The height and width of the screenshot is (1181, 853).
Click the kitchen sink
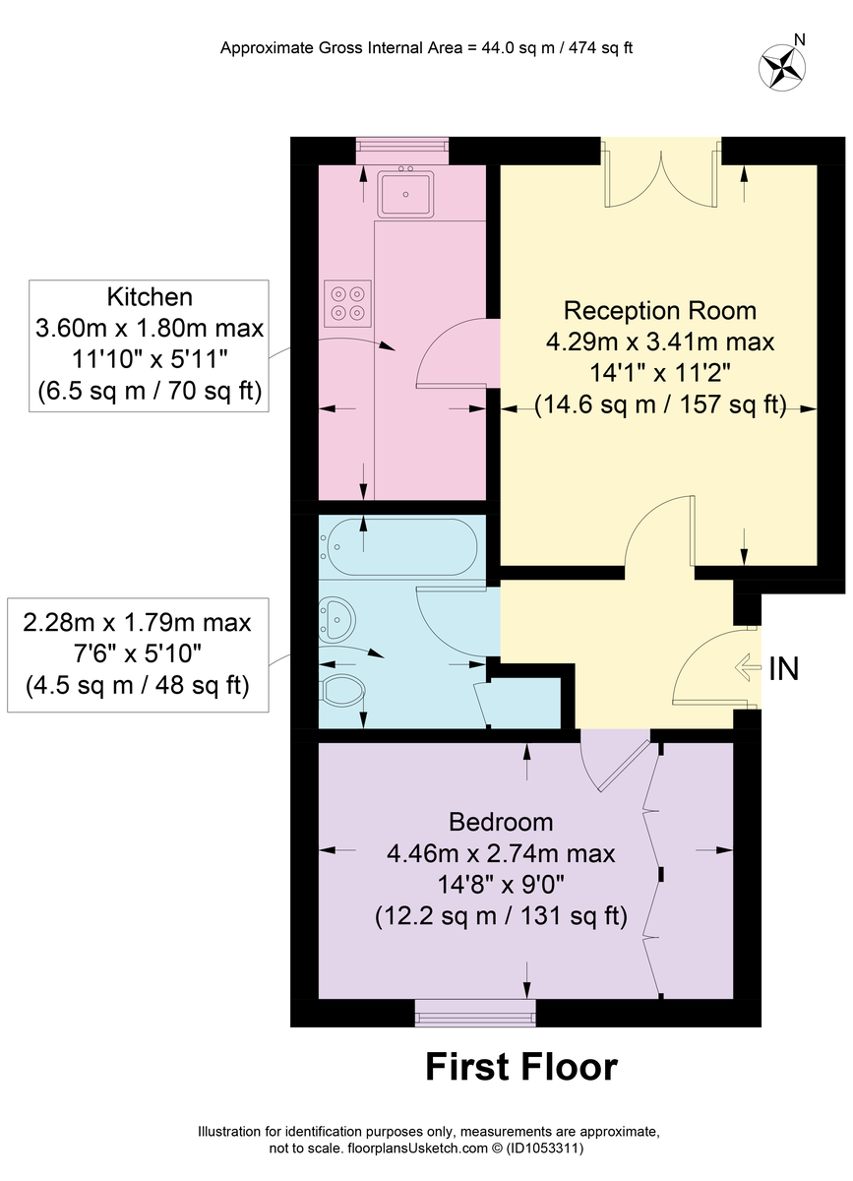[x=405, y=194]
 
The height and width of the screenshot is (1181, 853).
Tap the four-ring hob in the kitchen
[x=347, y=304]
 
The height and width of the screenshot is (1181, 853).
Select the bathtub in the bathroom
[x=398, y=547]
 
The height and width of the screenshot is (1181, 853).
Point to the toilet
[x=342, y=691]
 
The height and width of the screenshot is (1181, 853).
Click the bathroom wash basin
[x=337, y=618]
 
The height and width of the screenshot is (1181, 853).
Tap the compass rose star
[x=782, y=68]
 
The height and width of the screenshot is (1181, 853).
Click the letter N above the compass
[x=800, y=39]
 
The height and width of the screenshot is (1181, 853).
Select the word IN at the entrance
[x=784, y=668]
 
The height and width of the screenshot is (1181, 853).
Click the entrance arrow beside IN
[x=748, y=667]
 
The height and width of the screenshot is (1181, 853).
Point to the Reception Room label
[x=660, y=310]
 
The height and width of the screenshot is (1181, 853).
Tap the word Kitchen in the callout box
[x=150, y=297]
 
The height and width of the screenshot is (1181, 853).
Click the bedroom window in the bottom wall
[x=475, y=1013]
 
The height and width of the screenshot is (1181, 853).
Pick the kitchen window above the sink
[x=402, y=151]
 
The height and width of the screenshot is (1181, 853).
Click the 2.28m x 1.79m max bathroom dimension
[x=137, y=623]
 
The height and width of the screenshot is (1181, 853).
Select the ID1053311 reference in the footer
[x=545, y=1148]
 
